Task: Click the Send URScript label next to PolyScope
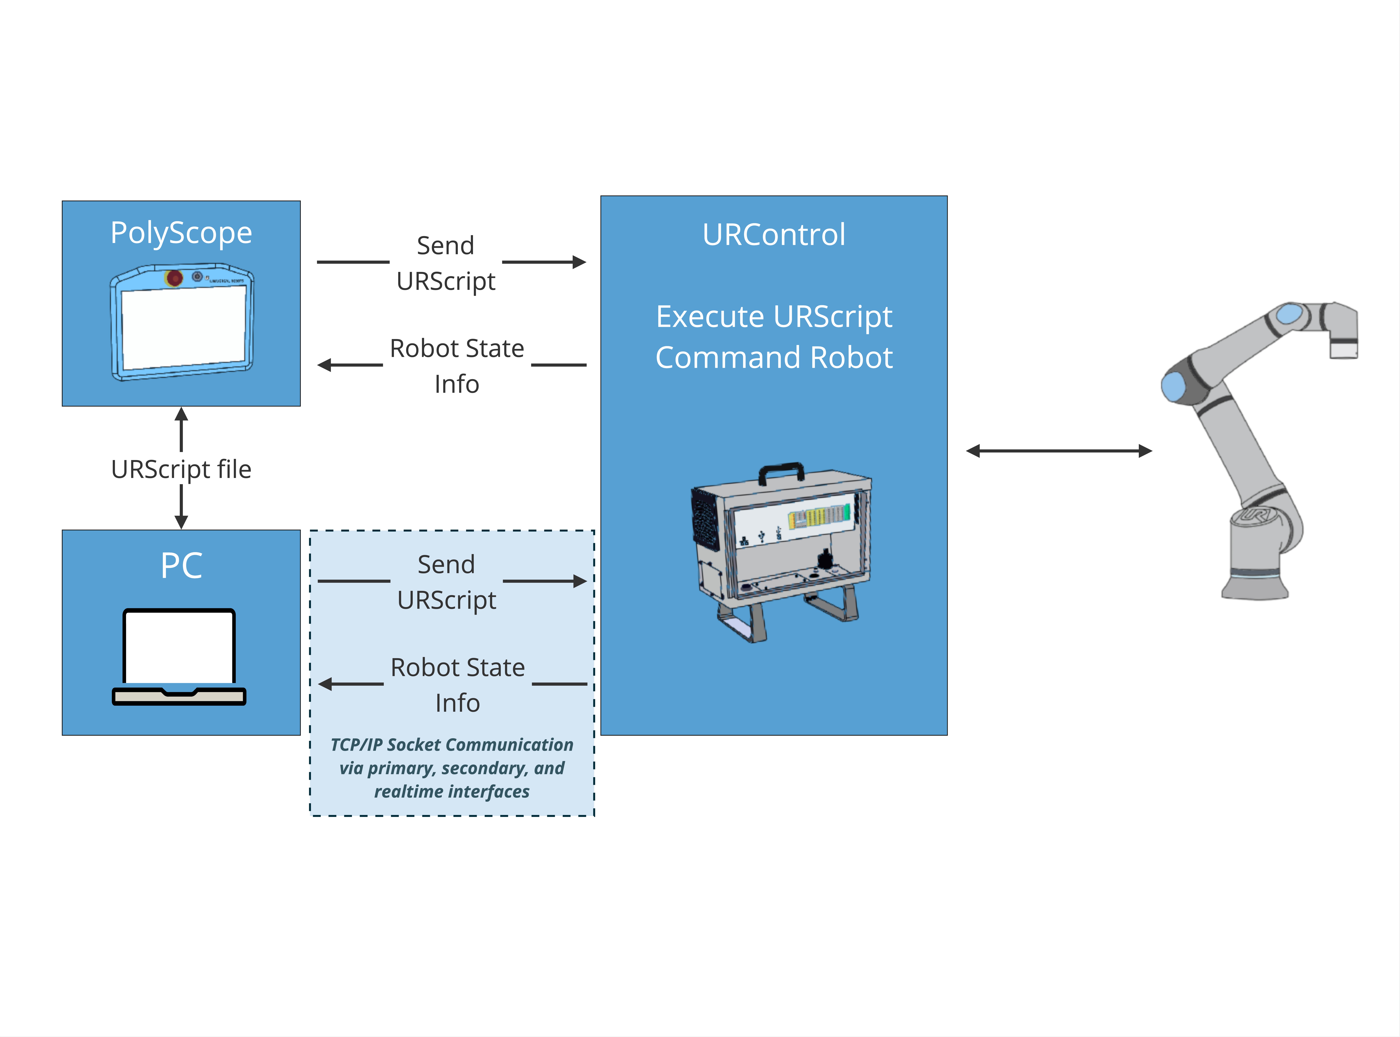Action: (446, 263)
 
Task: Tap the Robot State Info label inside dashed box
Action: (458, 685)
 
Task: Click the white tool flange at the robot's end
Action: (1344, 348)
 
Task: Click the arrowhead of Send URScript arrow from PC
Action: (579, 581)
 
